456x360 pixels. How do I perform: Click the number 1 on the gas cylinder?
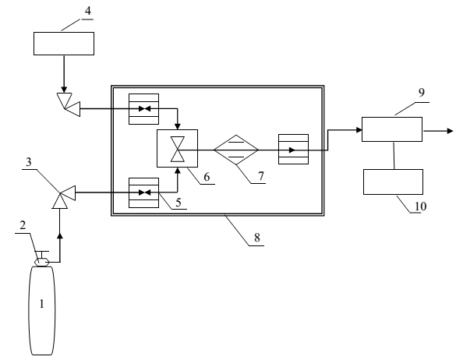point(41,304)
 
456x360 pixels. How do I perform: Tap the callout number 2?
point(23,225)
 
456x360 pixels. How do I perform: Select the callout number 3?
point(29,161)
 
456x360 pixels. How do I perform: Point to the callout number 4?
point(88,11)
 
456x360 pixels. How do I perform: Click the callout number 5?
point(179,202)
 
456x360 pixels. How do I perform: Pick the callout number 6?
point(207,177)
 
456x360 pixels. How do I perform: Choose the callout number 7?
point(261,176)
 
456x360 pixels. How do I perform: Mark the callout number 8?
point(257,238)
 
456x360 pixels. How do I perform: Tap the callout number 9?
point(422,93)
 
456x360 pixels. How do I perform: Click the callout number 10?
point(420,206)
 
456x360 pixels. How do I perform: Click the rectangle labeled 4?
point(64,44)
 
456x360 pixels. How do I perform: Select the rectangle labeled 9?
point(392,129)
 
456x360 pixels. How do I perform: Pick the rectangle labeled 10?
point(393,182)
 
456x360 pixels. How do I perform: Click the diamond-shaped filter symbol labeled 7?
point(236,150)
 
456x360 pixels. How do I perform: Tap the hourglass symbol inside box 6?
point(178,149)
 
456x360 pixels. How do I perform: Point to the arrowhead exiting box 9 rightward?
point(450,131)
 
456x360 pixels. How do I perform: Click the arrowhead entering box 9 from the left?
point(359,130)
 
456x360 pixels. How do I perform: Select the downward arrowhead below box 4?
point(64,90)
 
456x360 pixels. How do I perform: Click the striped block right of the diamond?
point(293,149)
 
